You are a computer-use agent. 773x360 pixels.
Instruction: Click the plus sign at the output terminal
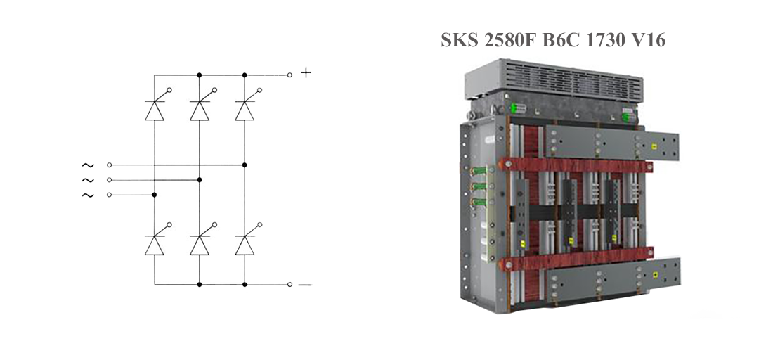point(306,72)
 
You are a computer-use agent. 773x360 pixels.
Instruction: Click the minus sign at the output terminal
point(305,285)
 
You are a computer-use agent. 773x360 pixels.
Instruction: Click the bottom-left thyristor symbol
point(155,244)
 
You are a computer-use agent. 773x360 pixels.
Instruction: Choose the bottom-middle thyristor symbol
point(200,244)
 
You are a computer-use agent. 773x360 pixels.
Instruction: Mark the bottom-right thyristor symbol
point(245,244)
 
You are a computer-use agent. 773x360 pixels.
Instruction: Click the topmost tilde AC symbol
point(88,165)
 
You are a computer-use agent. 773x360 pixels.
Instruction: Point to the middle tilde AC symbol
point(88,180)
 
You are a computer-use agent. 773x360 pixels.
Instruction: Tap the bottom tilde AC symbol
point(88,195)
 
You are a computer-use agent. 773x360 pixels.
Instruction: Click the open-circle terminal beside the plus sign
point(290,74)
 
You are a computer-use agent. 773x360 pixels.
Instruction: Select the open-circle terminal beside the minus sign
point(290,284)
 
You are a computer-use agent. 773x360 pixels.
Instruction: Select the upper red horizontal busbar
point(576,167)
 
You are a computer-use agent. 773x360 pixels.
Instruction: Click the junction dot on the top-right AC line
point(245,165)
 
